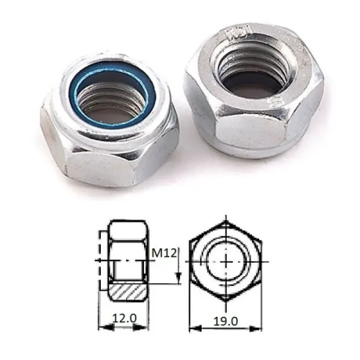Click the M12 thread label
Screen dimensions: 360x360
164,252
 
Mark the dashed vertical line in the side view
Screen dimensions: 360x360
99,261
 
